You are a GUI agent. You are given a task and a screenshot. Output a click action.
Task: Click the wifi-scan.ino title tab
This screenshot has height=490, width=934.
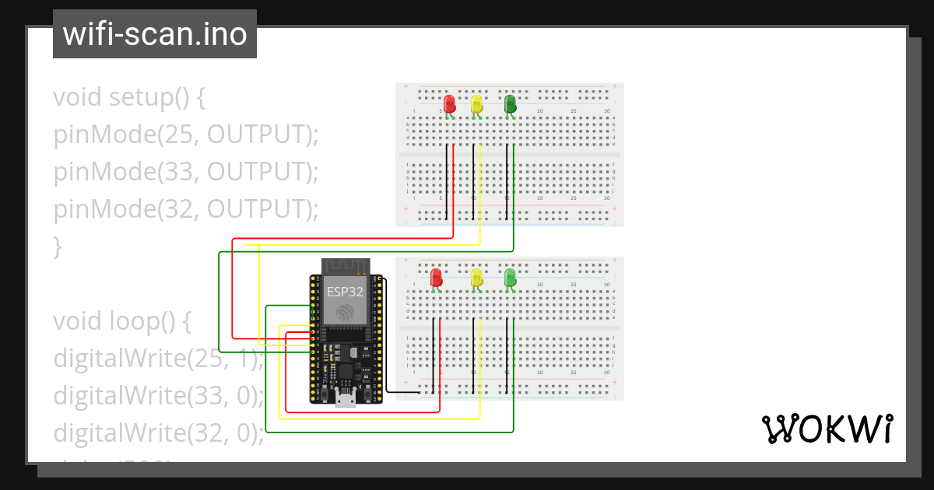(x=154, y=34)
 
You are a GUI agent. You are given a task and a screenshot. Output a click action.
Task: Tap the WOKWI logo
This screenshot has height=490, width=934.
(x=826, y=429)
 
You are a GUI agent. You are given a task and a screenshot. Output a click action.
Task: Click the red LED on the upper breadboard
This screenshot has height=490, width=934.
(x=449, y=104)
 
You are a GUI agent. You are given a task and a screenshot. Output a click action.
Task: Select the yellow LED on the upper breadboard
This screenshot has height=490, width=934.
(x=476, y=104)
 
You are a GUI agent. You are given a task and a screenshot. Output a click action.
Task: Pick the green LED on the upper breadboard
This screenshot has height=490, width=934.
(x=510, y=104)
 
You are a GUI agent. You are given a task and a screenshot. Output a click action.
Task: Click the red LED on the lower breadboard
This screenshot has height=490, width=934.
(x=436, y=277)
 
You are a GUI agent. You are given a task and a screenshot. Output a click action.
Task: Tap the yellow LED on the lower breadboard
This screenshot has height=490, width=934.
(x=476, y=277)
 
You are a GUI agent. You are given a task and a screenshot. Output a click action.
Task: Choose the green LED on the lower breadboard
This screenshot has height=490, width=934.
(x=510, y=277)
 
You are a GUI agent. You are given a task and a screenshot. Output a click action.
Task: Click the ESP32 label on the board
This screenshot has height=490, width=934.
(x=344, y=292)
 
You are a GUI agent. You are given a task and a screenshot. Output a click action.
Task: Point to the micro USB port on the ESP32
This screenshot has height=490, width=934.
(x=345, y=400)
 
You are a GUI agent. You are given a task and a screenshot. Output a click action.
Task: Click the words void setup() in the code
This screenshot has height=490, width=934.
(x=129, y=98)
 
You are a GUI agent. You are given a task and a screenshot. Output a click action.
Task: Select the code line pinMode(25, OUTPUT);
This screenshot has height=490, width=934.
(x=186, y=135)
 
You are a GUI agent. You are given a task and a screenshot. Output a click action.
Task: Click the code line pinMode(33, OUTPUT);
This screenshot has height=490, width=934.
(x=186, y=172)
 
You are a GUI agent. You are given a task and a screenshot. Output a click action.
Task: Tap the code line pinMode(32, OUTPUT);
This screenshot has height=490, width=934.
(x=186, y=209)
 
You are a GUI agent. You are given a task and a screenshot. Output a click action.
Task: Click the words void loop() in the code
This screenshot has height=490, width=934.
(x=121, y=320)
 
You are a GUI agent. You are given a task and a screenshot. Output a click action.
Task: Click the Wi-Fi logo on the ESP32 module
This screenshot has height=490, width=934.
(x=345, y=313)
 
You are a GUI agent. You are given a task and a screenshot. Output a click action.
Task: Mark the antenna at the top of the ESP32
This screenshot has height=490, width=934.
(x=345, y=267)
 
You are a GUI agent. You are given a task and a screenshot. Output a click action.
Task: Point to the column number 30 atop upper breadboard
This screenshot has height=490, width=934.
(x=606, y=111)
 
